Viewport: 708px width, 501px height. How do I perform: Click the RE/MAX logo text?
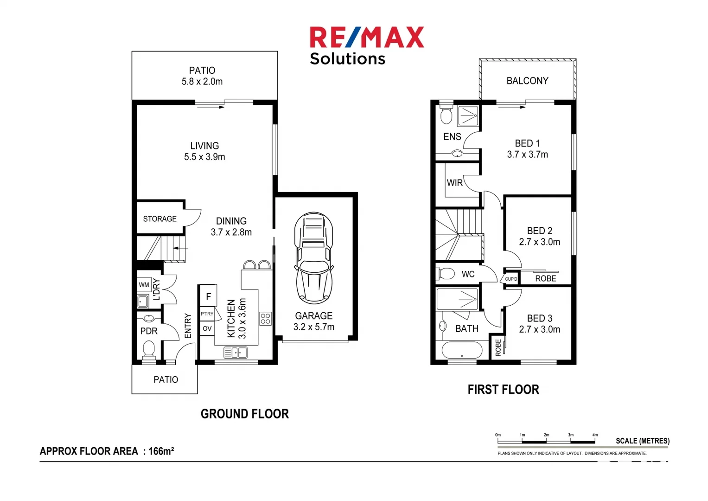366,38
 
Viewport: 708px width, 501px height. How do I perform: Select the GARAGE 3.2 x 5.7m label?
314,321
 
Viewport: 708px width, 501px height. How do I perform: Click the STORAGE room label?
159,218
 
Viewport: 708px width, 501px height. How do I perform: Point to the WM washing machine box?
144,285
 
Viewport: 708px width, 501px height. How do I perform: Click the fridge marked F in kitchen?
208,296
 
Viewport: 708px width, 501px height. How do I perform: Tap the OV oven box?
207,328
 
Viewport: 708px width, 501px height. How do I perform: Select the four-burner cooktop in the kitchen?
265,319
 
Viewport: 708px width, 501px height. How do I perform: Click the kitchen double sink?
236,353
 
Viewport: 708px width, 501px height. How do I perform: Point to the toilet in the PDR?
149,349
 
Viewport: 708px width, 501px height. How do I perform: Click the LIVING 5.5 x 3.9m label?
204,151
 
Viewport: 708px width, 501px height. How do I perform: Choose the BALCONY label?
527,81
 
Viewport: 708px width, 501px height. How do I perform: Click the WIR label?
454,183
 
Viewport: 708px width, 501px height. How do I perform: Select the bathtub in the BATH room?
462,350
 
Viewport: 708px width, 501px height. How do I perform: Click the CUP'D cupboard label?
511,279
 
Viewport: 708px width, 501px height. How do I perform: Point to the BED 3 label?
539,323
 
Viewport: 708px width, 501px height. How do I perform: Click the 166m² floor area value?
161,451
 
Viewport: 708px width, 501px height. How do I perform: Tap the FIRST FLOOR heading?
503,390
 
